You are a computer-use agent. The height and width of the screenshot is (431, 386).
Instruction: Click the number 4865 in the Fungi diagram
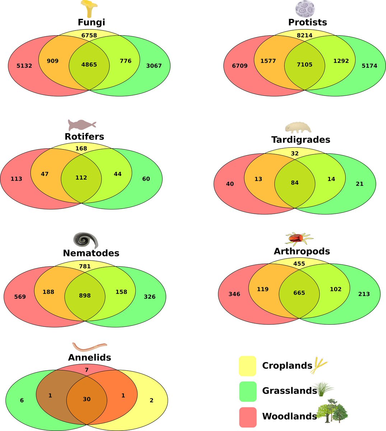coord(89,64)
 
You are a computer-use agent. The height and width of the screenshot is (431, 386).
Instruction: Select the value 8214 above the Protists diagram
coord(304,35)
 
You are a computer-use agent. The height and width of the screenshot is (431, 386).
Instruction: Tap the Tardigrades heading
coord(301,140)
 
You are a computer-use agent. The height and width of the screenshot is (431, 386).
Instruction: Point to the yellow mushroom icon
coord(89,9)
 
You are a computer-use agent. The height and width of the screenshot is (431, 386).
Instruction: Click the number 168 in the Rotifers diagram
coord(81,148)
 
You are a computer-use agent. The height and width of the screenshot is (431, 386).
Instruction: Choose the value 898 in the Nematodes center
coord(85,296)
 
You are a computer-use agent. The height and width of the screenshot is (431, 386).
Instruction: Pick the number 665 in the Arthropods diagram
coord(299,293)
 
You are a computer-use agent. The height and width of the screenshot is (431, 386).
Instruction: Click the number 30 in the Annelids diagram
coord(87,399)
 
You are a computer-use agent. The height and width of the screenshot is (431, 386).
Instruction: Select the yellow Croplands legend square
coord(247,366)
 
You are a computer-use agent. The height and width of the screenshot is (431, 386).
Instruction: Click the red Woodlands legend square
coord(248,417)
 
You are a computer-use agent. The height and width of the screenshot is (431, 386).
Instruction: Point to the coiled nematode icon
coord(86,240)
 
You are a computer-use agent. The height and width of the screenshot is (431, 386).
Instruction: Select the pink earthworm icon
coord(89,346)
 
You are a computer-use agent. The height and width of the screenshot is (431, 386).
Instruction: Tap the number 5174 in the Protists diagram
coord(369,66)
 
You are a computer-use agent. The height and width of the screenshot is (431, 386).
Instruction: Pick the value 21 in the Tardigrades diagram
coord(360,184)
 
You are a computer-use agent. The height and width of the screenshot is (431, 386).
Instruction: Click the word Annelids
coord(89,357)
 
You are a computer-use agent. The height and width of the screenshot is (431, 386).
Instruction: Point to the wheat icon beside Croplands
coord(318,365)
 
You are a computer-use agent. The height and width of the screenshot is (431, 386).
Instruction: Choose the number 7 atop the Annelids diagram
coord(87,370)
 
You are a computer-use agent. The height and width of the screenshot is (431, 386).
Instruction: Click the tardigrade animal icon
coord(298,128)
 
